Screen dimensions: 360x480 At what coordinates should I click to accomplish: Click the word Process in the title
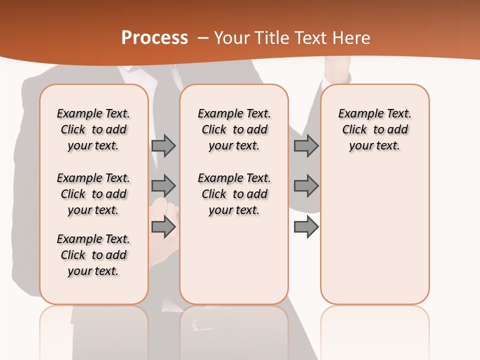pyautogui.click(x=154, y=37)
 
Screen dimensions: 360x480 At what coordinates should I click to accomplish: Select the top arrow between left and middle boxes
pyautogui.click(x=163, y=145)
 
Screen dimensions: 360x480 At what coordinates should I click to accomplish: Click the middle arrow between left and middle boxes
pyautogui.click(x=163, y=186)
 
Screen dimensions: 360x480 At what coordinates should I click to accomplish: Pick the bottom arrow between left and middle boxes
pyautogui.click(x=163, y=227)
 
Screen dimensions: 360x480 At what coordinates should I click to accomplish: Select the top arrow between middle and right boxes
pyautogui.click(x=306, y=145)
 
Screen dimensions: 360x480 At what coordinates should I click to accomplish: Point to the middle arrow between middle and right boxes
pyautogui.click(x=306, y=186)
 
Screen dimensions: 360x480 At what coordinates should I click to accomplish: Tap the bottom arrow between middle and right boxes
pyautogui.click(x=306, y=227)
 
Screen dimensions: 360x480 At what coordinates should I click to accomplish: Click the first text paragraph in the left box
pyautogui.click(x=93, y=129)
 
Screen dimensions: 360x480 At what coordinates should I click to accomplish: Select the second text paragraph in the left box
pyautogui.click(x=93, y=194)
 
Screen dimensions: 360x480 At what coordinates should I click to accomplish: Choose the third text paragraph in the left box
pyautogui.click(x=93, y=255)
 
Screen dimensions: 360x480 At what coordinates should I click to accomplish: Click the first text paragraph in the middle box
pyautogui.click(x=234, y=129)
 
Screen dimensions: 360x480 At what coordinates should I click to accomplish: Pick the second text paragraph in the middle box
pyautogui.click(x=234, y=194)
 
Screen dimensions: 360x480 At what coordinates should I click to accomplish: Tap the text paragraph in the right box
pyautogui.click(x=374, y=129)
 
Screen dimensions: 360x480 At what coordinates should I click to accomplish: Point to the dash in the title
pyautogui.click(x=203, y=37)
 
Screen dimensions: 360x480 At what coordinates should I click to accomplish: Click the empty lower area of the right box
pyautogui.click(x=374, y=240)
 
